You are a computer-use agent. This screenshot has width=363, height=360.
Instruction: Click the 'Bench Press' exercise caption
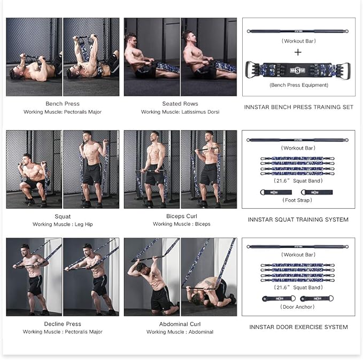click(x=62, y=104)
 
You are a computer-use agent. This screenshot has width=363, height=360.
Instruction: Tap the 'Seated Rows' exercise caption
click(x=180, y=104)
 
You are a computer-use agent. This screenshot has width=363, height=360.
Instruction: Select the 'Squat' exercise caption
click(x=62, y=216)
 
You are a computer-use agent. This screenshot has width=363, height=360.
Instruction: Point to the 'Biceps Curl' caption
click(x=180, y=216)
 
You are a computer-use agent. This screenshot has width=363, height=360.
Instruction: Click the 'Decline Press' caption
click(x=62, y=324)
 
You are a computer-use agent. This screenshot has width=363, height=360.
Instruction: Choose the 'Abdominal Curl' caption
click(x=180, y=324)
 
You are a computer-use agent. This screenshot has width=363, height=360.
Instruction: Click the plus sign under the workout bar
click(x=298, y=52)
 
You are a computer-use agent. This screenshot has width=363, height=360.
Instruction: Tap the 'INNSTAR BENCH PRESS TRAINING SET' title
click(x=298, y=107)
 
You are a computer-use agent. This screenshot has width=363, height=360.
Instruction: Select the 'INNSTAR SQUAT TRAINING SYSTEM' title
click(x=298, y=220)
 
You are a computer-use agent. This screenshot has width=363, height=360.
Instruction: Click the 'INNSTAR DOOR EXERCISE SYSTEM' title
click(x=298, y=327)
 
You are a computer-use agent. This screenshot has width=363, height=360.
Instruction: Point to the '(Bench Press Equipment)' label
click(x=298, y=85)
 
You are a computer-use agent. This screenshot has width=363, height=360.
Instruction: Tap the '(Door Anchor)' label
click(x=298, y=307)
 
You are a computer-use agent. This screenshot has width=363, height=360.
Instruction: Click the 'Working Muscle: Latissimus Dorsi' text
click(x=180, y=112)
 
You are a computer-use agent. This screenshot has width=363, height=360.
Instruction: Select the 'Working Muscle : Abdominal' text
click(x=180, y=332)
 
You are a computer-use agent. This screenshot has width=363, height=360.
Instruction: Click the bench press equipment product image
click(x=298, y=70)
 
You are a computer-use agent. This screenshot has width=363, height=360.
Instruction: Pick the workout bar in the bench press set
click(x=298, y=31)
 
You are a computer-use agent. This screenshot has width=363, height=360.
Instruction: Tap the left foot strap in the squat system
click(x=277, y=192)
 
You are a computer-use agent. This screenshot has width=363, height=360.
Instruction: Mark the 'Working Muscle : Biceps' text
click(x=180, y=224)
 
